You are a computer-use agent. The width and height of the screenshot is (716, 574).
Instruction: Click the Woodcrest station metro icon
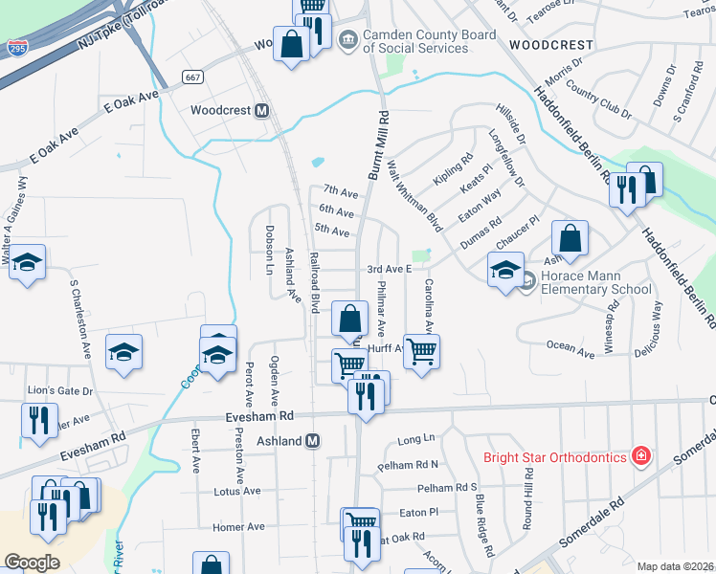259,110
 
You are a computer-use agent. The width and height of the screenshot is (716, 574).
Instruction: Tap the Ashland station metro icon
311,441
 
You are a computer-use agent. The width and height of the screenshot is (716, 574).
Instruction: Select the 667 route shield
193,77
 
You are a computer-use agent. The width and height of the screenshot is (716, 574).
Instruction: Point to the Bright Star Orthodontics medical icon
641,456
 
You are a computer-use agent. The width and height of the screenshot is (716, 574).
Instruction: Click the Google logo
33,562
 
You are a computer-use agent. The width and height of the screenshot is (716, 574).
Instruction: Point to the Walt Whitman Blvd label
414,194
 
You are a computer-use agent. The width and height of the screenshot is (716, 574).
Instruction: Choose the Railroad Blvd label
313,281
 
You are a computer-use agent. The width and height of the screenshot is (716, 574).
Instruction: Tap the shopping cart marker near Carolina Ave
421,352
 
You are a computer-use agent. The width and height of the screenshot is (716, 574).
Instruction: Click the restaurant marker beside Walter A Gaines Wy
38,421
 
